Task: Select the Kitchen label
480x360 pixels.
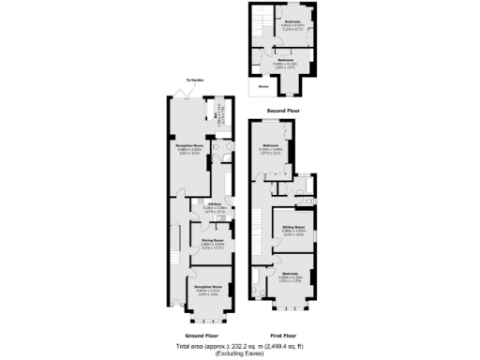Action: click(x=214, y=203)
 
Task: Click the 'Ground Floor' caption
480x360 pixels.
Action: click(x=201, y=335)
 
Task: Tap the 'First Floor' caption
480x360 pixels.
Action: click(x=282, y=335)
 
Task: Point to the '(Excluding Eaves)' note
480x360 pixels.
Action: click(x=239, y=353)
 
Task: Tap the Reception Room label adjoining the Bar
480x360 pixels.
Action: click(x=191, y=146)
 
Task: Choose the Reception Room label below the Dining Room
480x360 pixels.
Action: click(x=208, y=286)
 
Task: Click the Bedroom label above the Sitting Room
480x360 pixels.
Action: click(x=271, y=145)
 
